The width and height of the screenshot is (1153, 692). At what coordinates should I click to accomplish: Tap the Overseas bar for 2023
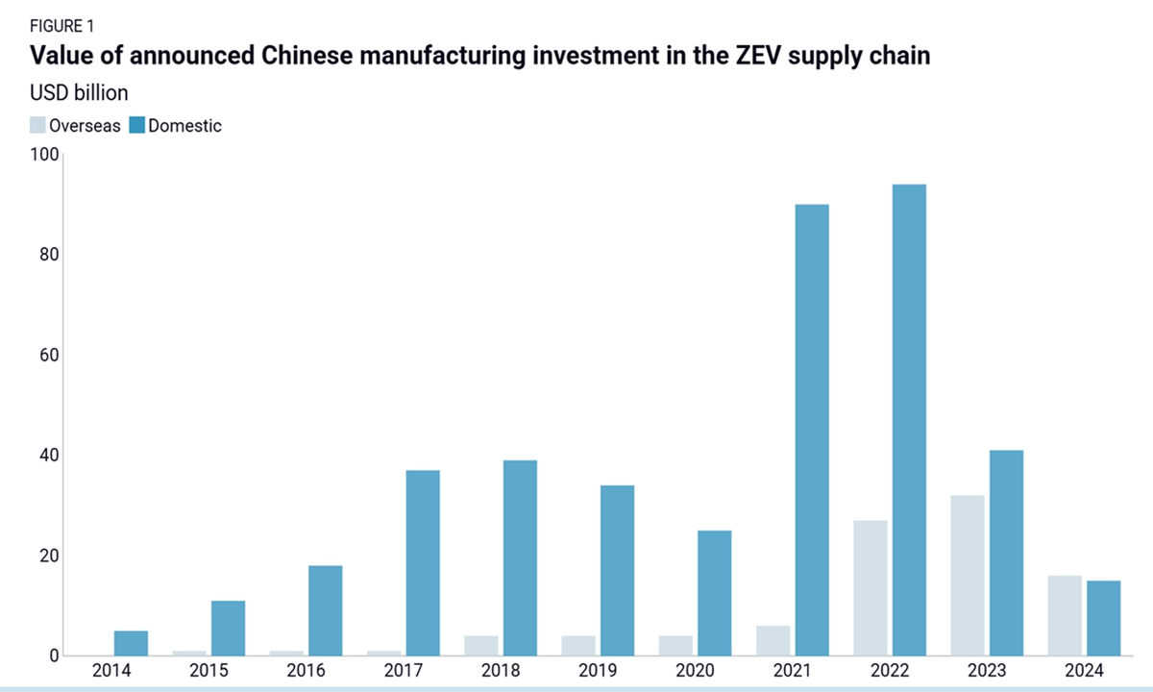pyautogui.click(x=968, y=576)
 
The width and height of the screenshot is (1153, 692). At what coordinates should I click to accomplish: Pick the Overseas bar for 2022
pyautogui.click(x=871, y=588)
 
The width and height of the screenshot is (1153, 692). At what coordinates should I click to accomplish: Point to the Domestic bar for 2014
pyautogui.click(x=132, y=643)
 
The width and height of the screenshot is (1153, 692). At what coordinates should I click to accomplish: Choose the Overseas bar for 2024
pyautogui.click(x=1065, y=616)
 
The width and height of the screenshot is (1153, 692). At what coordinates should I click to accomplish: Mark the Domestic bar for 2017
pyautogui.click(x=423, y=563)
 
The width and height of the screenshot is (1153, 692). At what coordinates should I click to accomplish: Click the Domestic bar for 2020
pyautogui.click(x=714, y=593)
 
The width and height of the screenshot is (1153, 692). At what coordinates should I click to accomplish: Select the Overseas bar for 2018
pyautogui.click(x=481, y=646)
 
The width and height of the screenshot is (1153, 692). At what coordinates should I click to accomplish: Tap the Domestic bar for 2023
pyautogui.click(x=1006, y=553)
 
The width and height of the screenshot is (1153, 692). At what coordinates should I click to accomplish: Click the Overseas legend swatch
pyautogui.click(x=37, y=125)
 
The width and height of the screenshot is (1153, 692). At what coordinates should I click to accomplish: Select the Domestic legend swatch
pyautogui.click(x=136, y=125)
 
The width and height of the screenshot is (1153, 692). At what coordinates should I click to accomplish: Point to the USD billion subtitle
pyautogui.click(x=80, y=93)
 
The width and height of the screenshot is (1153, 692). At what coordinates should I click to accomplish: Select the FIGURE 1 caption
pyautogui.click(x=62, y=26)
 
